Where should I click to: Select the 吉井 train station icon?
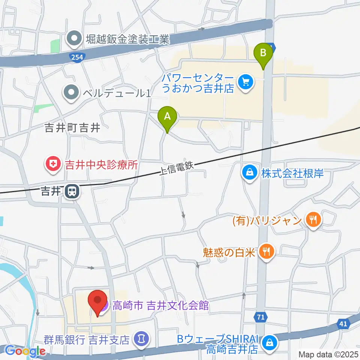tap(71, 192)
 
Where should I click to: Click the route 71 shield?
tap(261, 317)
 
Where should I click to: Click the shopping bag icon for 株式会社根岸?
tap(249, 173)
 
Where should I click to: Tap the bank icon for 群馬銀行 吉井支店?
tap(141, 340)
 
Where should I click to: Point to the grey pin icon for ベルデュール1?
tap(70, 92)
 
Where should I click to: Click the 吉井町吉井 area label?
tap(72, 128)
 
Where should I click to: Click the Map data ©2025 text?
tap(329, 354)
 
